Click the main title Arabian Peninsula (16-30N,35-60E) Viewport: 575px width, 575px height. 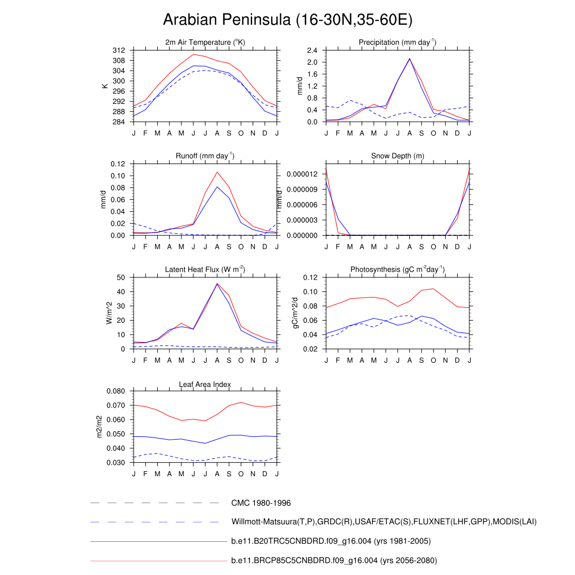pos(287,20)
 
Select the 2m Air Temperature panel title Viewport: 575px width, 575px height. pos(205,43)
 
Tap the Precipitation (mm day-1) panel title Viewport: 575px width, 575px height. pos(398,43)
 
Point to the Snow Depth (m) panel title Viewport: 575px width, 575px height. pos(398,156)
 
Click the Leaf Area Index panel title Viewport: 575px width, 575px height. pos(205,384)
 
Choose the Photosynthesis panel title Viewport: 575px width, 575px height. pos(398,270)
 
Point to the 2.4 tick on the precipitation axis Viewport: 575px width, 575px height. pos(313,51)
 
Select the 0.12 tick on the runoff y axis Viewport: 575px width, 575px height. pos(117,164)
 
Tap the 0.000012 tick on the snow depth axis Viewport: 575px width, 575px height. pos(303,174)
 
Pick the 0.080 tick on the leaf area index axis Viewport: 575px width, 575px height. pos(117,391)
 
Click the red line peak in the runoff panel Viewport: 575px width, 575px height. pos(217,172)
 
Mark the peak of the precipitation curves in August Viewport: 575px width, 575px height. pos(409,58)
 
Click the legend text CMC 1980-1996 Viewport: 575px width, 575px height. pos(261,503)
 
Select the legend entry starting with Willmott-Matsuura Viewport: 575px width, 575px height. pos(384,522)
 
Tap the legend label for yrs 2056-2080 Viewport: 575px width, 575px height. pos(334,560)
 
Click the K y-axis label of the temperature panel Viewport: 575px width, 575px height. pos(104,86)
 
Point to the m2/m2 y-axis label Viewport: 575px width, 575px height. pos(99,427)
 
